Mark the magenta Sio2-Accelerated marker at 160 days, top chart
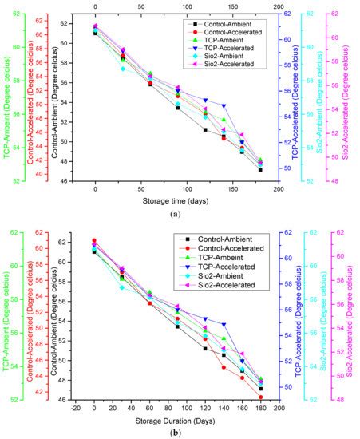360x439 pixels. point(242,135)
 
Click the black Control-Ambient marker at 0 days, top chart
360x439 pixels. point(95,33)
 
